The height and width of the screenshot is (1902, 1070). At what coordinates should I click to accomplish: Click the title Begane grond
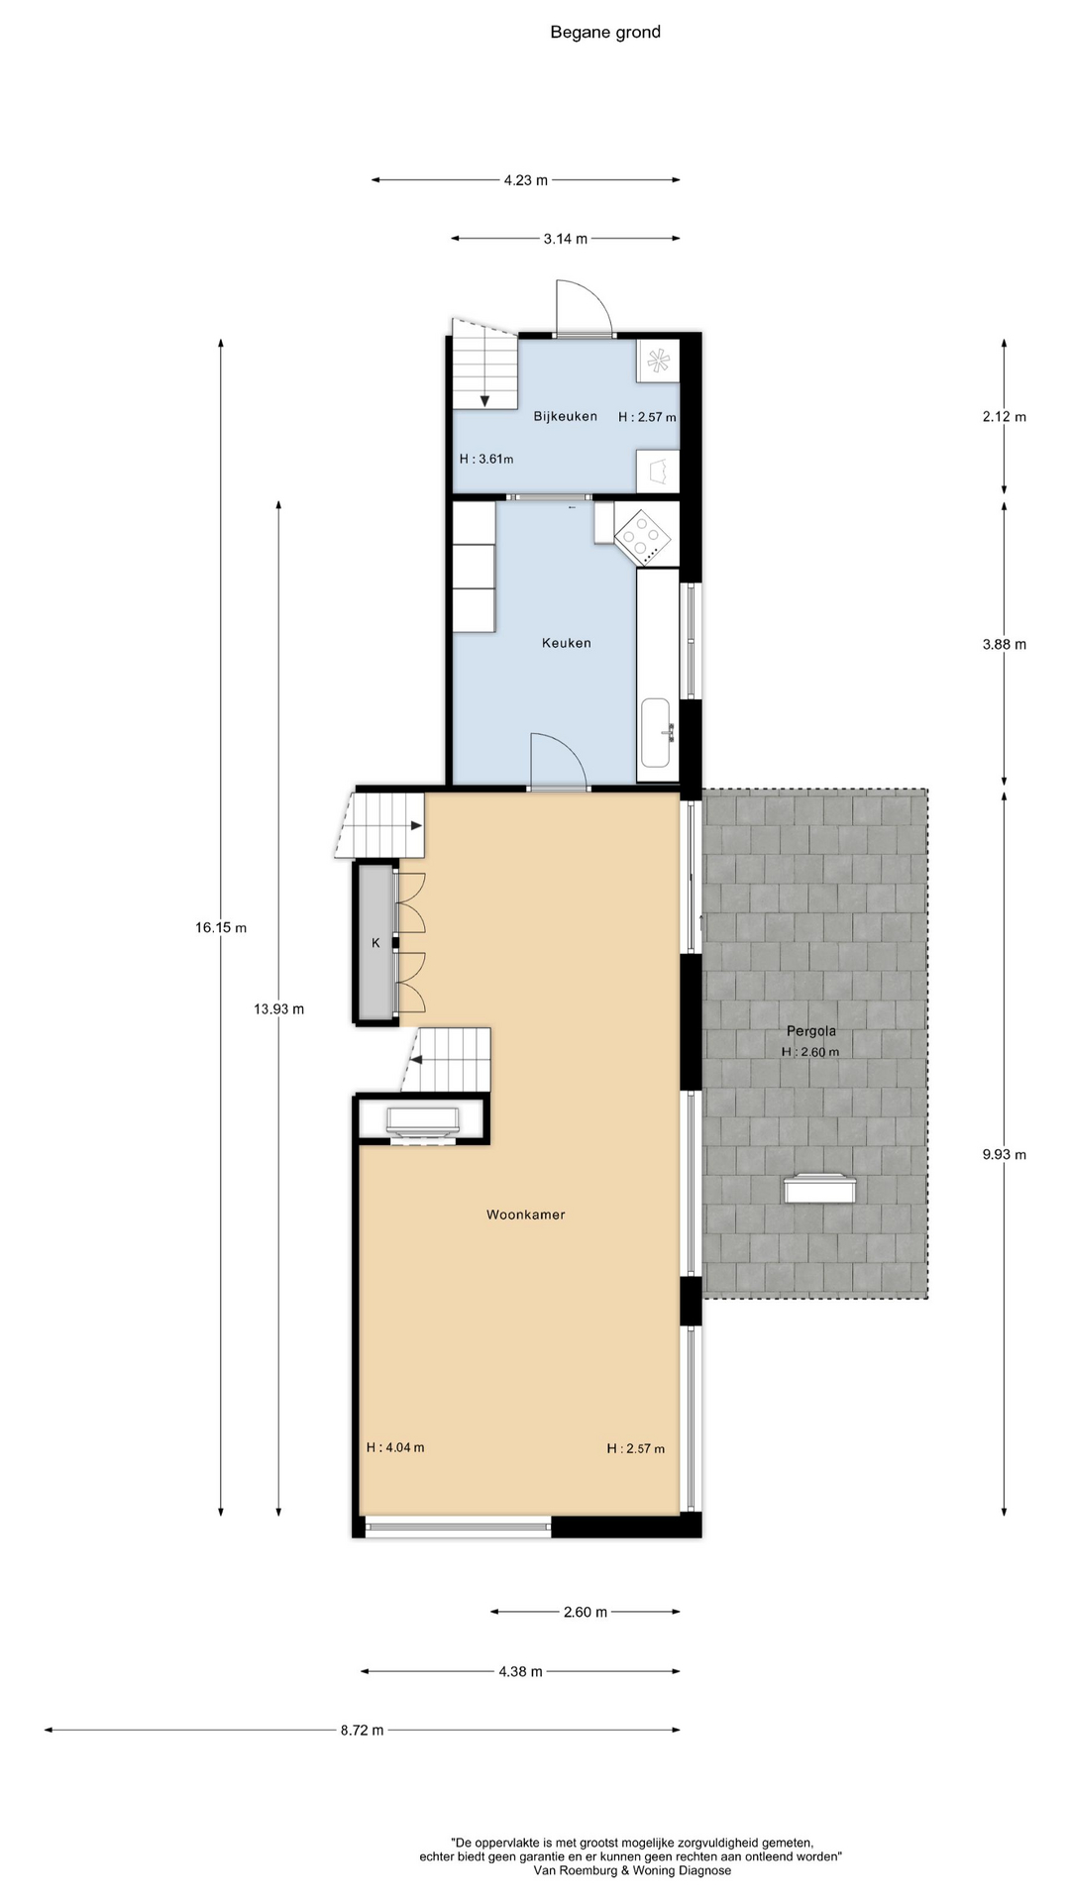pos(605,33)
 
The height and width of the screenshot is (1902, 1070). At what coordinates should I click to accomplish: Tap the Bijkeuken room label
pos(566,416)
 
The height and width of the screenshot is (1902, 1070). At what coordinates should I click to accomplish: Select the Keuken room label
pos(567,643)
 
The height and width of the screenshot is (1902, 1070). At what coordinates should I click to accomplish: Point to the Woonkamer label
pos(526,1215)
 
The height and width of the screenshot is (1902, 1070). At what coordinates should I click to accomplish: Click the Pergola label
pos(811,1031)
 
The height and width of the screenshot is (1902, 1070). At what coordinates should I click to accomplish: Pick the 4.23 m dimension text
pos(526,180)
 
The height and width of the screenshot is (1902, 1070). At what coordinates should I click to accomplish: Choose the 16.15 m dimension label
pos(221,928)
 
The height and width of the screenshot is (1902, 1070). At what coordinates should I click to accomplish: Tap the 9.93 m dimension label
pos(1005,1154)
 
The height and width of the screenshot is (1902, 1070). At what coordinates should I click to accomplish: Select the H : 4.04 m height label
pos(395,1447)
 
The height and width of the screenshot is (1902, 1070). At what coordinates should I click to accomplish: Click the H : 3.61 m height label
pos(486,459)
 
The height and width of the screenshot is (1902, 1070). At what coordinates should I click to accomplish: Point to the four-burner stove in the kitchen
pos(644,536)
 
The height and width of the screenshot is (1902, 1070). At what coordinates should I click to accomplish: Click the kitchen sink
pos(657,733)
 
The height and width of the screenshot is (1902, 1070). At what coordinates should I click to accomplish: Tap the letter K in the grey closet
pos(375,943)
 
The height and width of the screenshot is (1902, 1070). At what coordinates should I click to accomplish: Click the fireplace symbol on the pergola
pos(819,1188)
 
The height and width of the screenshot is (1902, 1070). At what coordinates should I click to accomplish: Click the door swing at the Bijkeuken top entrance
pos(585,307)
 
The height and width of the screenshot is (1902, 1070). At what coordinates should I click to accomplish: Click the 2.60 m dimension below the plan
pos(586,1612)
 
